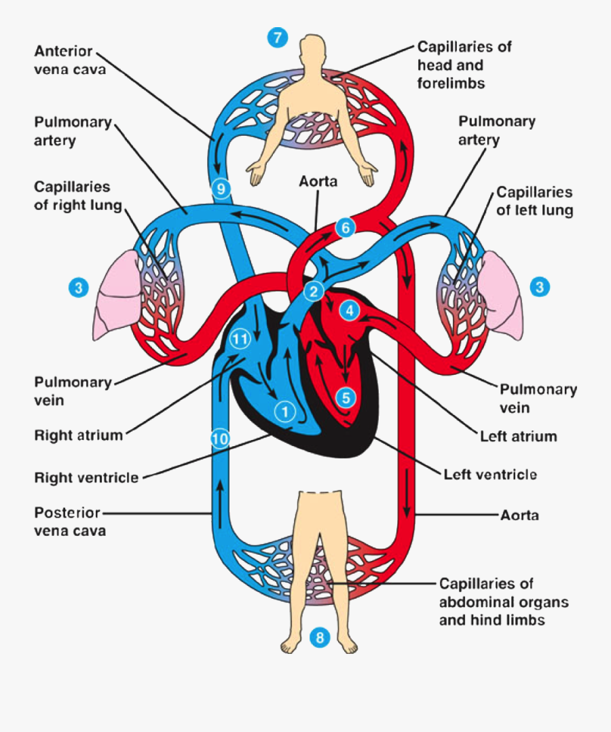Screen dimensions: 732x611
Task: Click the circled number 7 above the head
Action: [277, 38]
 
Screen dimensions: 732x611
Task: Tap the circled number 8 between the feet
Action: [320, 637]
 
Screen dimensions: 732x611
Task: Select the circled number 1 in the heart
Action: [285, 410]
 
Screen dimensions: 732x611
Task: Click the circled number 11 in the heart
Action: [239, 338]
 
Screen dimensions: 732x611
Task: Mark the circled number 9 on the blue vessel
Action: [221, 187]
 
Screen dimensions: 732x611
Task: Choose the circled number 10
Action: [219, 439]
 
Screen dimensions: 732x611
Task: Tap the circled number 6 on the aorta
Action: [345, 228]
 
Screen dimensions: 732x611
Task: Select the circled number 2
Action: [313, 293]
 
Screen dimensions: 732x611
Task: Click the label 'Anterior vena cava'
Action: [71, 60]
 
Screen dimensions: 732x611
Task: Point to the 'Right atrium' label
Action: [79, 435]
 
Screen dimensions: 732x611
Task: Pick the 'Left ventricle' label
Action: [489, 473]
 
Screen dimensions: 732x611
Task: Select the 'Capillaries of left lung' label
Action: [534, 201]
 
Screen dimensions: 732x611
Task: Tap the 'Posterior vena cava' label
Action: [69, 521]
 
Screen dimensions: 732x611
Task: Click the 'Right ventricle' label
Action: [86, 477]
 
